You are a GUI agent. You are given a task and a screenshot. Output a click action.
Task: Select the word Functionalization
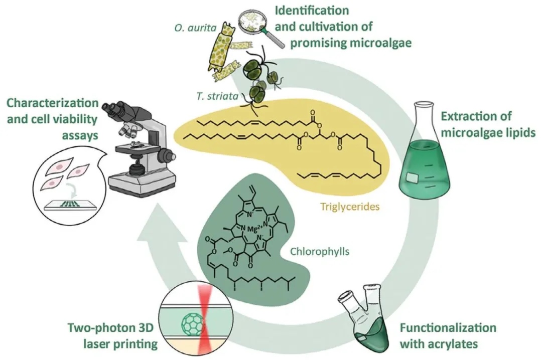448,328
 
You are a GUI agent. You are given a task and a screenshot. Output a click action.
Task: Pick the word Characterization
52,103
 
